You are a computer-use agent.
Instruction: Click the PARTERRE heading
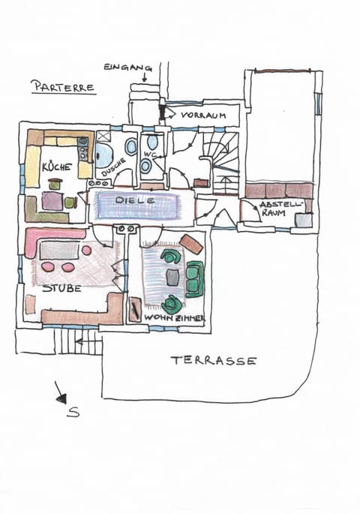(63, 87)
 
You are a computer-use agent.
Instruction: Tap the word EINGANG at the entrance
(124, 67)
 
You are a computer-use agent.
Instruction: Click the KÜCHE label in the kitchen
(56, 167)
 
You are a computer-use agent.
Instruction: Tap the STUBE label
(61, 287)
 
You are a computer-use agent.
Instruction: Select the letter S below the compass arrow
(73, 412)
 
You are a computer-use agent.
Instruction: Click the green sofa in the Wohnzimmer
(194, 278)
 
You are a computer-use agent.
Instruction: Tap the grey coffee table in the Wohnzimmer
(173, 277)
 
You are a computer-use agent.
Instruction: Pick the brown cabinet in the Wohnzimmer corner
(191, 244)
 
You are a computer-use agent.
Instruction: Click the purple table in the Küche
(52, 201)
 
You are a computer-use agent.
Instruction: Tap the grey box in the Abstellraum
(303, 220)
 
